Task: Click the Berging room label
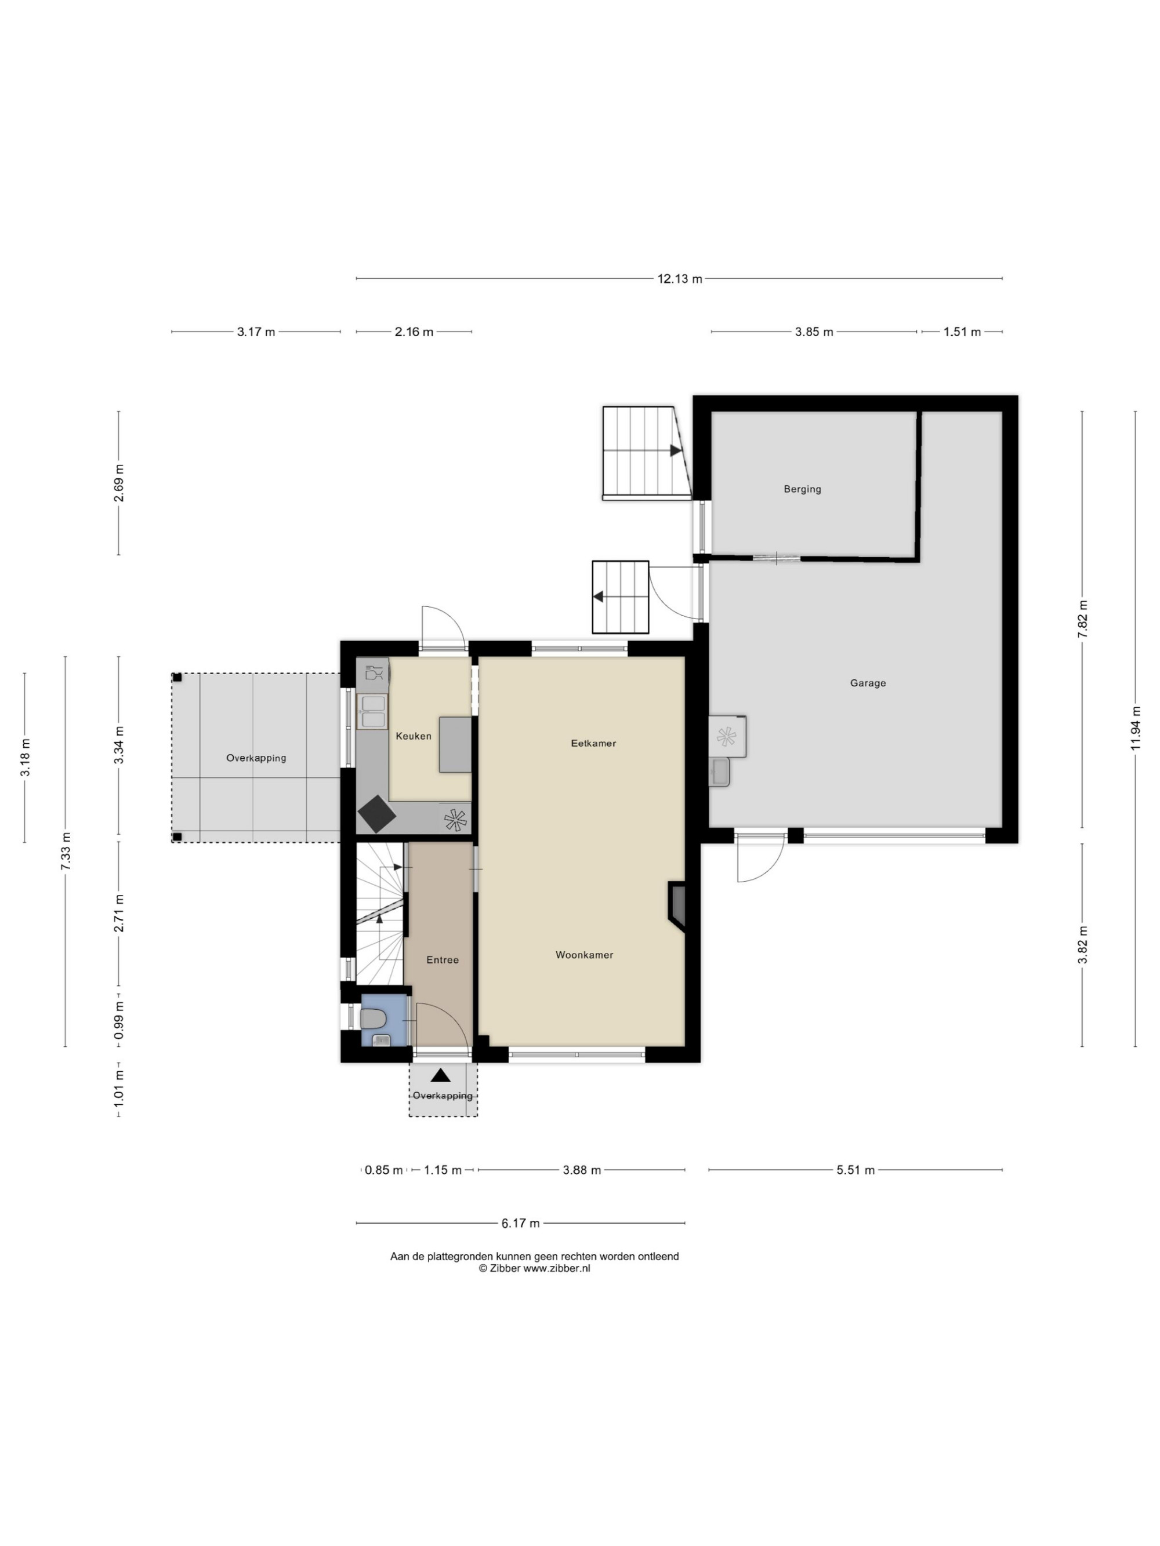pos(802,489)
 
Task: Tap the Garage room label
pos(868,683)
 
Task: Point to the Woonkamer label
pos(585,955)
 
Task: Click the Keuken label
pos(413,736)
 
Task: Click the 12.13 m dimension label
pos(680,279)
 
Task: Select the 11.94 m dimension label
pos(1136,728)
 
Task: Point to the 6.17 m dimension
pos(521,1223)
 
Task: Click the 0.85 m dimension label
pos(384,1170)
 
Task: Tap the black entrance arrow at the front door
pos(440,1075)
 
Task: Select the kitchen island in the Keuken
pos(455,744)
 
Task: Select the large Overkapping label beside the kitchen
pos(256,758)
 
